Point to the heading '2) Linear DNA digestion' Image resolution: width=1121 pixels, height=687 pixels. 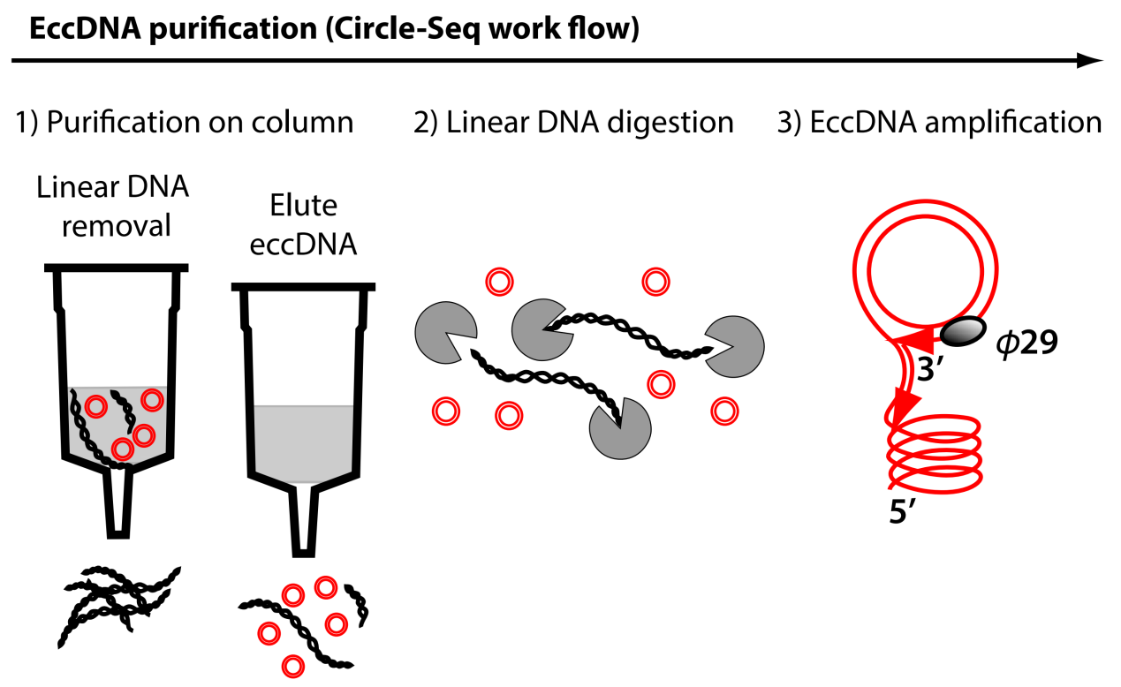tap(574, 122)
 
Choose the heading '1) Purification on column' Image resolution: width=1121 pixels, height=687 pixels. tap(186, 122)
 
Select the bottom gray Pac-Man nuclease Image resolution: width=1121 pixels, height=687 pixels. tap(620, 428)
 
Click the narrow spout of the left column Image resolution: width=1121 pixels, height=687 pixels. tap(120, 503)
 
